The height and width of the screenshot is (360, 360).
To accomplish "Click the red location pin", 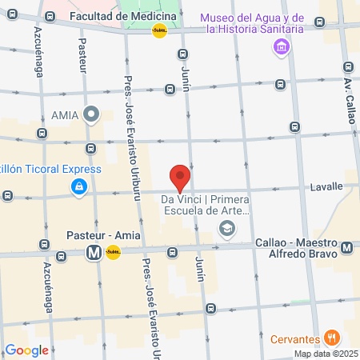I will [180, 177].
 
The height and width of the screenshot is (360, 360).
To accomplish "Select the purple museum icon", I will [282, 49].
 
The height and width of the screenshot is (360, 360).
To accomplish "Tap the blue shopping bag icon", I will [79, 187].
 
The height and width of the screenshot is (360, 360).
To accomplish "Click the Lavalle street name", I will [326, 186].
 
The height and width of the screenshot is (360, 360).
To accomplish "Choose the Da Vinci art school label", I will [206, 206].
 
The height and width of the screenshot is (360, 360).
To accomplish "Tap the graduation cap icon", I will [227, 230].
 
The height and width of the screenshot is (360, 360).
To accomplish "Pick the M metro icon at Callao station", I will [346, 248].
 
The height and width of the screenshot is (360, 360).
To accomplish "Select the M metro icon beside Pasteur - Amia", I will [94, 253].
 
